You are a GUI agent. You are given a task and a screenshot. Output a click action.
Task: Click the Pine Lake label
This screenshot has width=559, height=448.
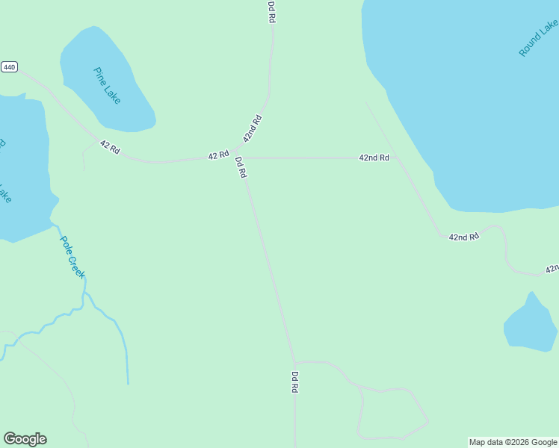pos(108,85)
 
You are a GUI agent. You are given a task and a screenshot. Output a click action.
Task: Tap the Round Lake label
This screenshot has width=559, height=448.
pos(538,39)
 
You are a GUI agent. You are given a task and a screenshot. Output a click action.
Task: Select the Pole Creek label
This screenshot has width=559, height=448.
pos(72,258)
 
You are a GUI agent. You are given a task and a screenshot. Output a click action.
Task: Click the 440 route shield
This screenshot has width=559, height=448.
pos(9,67)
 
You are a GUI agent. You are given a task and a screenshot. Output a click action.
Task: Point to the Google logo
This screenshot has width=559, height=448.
pos(25,439)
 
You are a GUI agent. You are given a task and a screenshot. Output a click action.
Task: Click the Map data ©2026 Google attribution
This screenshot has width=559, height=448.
pos(513,442)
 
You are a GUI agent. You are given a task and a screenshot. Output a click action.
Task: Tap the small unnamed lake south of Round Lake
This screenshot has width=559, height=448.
pos(530,325)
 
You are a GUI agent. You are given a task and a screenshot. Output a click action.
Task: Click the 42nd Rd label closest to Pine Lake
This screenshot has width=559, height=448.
pos(252,128)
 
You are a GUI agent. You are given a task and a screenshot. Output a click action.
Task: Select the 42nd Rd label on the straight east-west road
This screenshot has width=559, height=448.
pos(374,158)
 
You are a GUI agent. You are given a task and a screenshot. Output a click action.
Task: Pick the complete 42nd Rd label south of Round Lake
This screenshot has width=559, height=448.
pos(463,237)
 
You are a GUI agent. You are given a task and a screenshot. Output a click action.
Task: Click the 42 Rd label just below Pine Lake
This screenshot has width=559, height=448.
pos(110,148)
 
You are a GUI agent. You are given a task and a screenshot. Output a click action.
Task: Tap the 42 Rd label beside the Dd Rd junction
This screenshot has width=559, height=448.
pos(218,155)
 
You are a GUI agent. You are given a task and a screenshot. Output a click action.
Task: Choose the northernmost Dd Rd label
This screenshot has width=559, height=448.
pos(272,11)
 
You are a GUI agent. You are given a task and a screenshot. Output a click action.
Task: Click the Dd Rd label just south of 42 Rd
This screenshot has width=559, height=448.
pos(241,167)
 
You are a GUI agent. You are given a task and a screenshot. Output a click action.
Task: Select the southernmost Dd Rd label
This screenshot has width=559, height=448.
pos(294,382)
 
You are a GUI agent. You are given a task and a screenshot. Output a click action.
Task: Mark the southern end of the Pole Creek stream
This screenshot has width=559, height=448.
pos(128,383)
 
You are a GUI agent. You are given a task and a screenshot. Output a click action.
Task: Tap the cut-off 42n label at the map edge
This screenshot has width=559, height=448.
pos(552,268)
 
